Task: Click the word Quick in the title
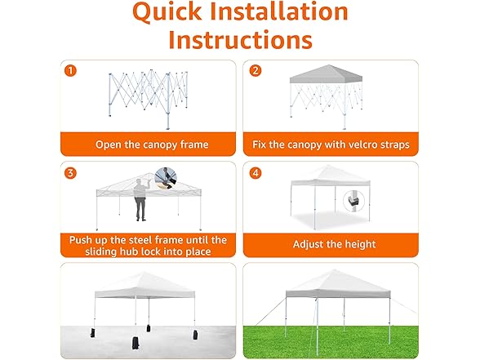click(176, 13)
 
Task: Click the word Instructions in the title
click(240, 40)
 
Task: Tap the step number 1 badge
click(71, 70)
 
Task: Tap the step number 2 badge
click(256, 70)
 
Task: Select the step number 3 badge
click(71, 172)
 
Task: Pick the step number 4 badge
click(256, 172)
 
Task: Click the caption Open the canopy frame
click(152, 144)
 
